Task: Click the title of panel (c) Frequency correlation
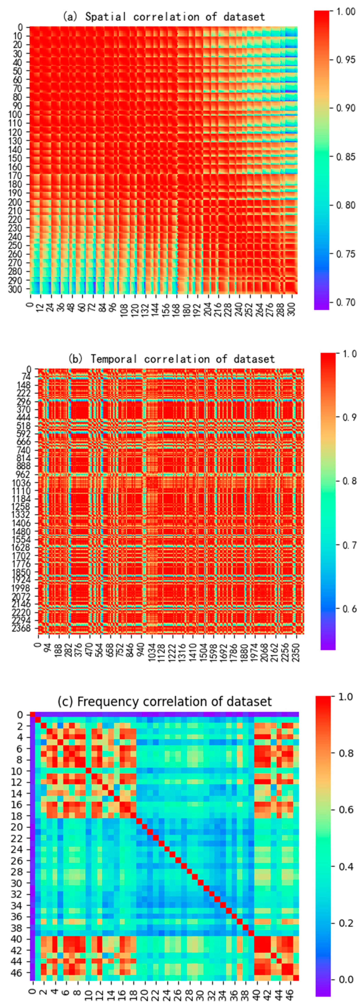164,701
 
